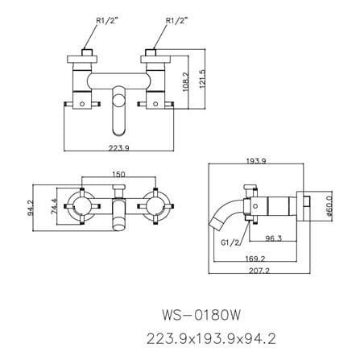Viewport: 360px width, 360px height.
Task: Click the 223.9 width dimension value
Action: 119,147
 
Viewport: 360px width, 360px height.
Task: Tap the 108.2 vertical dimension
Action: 186,81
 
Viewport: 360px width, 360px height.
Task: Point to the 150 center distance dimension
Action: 118,174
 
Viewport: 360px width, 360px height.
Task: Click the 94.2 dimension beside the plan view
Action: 30,208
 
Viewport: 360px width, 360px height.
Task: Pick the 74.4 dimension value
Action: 54,206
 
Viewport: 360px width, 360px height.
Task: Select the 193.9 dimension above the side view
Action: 256,161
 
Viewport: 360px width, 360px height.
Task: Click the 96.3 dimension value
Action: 273,238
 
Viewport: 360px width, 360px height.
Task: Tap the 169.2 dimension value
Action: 255,259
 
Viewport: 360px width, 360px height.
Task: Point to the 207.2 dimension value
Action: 259,271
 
